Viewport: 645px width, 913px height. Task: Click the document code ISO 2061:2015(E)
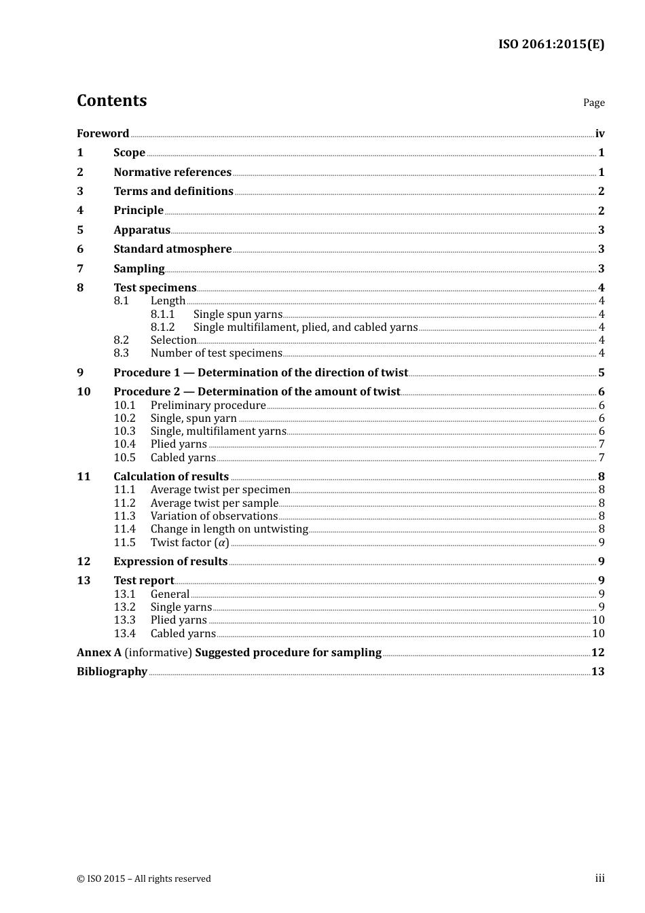point(551,45)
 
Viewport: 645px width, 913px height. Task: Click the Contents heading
point(111,101)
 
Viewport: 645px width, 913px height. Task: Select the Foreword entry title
point(103,134)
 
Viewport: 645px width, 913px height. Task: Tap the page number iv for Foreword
point(600,134)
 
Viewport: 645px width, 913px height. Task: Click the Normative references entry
point(172,173)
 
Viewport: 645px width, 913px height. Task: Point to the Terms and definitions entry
point(173,192)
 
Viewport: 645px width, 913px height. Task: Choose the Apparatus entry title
point(142,230)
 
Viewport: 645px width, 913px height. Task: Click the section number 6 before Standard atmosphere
point(80,249)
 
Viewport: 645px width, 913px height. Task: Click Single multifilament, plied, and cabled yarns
point(306,327)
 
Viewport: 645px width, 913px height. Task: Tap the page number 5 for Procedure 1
point(601,373)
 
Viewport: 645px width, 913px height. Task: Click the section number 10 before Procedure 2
point(84,392)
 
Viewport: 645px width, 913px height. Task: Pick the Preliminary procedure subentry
point(208,406)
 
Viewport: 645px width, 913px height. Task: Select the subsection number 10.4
point(124,444)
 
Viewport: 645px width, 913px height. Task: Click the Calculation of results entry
point(171,477)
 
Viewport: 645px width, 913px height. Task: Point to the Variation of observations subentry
point(214,516)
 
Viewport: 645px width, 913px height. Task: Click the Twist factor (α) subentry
point(189,543)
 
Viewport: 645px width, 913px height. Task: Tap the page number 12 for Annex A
point(597,653)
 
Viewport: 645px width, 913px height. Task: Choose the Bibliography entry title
point(112,672)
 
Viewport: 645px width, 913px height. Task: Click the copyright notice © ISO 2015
point(144,879)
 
